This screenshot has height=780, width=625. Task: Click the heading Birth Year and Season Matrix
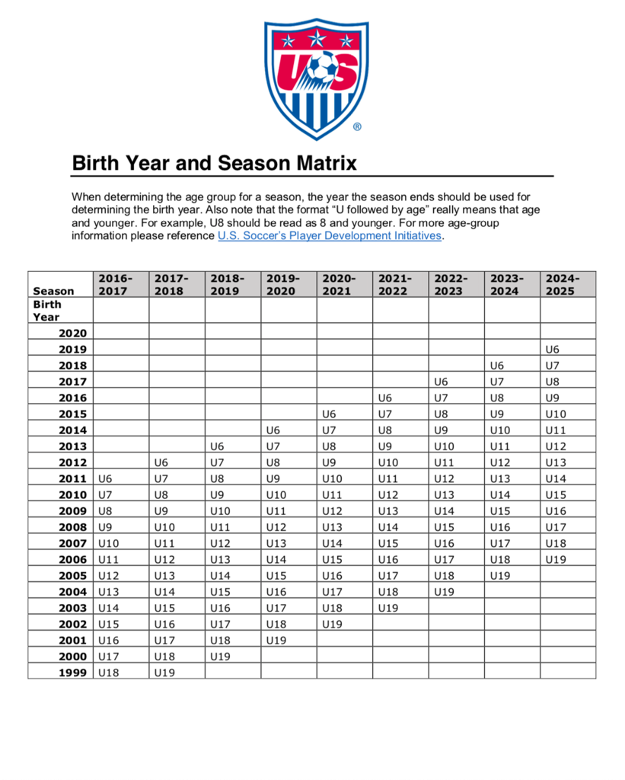[214, 163]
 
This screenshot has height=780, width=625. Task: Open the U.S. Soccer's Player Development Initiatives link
[329, 236]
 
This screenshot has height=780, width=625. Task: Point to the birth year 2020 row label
[73, 333]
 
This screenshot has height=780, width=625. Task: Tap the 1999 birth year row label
[73, 672]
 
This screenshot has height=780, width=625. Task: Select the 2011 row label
[73, 478]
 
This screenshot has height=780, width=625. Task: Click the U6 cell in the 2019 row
[554, 349]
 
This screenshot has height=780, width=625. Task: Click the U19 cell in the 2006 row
[557, 559]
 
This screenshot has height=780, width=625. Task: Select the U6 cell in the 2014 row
[273, 430]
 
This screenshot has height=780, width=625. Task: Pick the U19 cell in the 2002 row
[333, 624]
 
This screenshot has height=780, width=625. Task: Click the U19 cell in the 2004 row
[445, 591]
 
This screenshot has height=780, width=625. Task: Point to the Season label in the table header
[53, 290]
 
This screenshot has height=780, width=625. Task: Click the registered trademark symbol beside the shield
[357, 127]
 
